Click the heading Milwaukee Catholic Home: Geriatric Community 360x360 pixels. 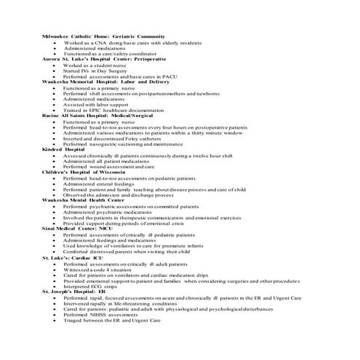[104, 36]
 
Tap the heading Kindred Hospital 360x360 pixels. [63, 149]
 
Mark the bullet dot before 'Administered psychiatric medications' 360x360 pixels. [55, 212]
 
